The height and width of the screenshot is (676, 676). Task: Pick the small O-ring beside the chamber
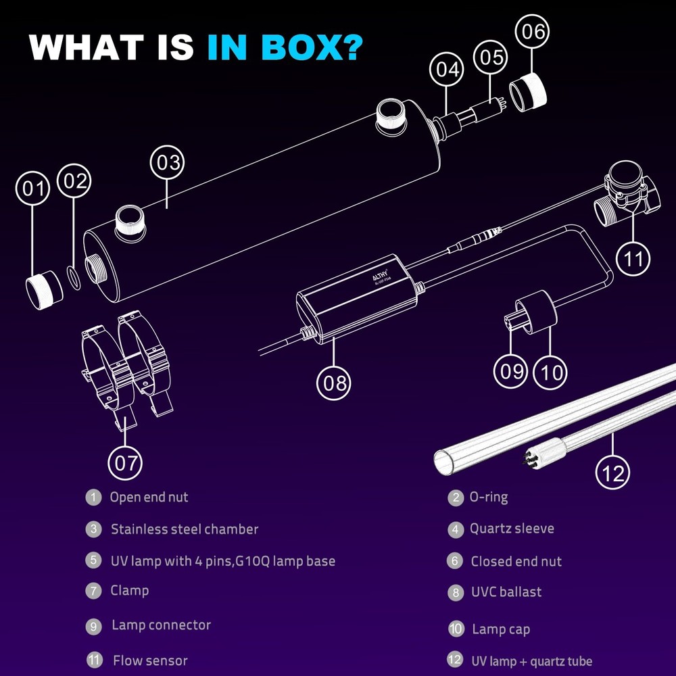click(x=74, y=278)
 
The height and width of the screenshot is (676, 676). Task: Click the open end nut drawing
click(x=44, y=289)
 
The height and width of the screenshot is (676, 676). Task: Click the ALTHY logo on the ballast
click(x=380, y=276)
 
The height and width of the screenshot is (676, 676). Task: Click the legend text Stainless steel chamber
click(x=185, y=529)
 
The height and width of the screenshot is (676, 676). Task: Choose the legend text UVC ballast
click(x=506, y=592)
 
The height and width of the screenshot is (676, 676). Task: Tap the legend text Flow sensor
click(x=150, y=660)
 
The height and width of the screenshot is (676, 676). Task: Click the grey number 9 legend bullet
click(x=93, y=626)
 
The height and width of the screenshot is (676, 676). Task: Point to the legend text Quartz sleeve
click(x=512, y=529)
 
